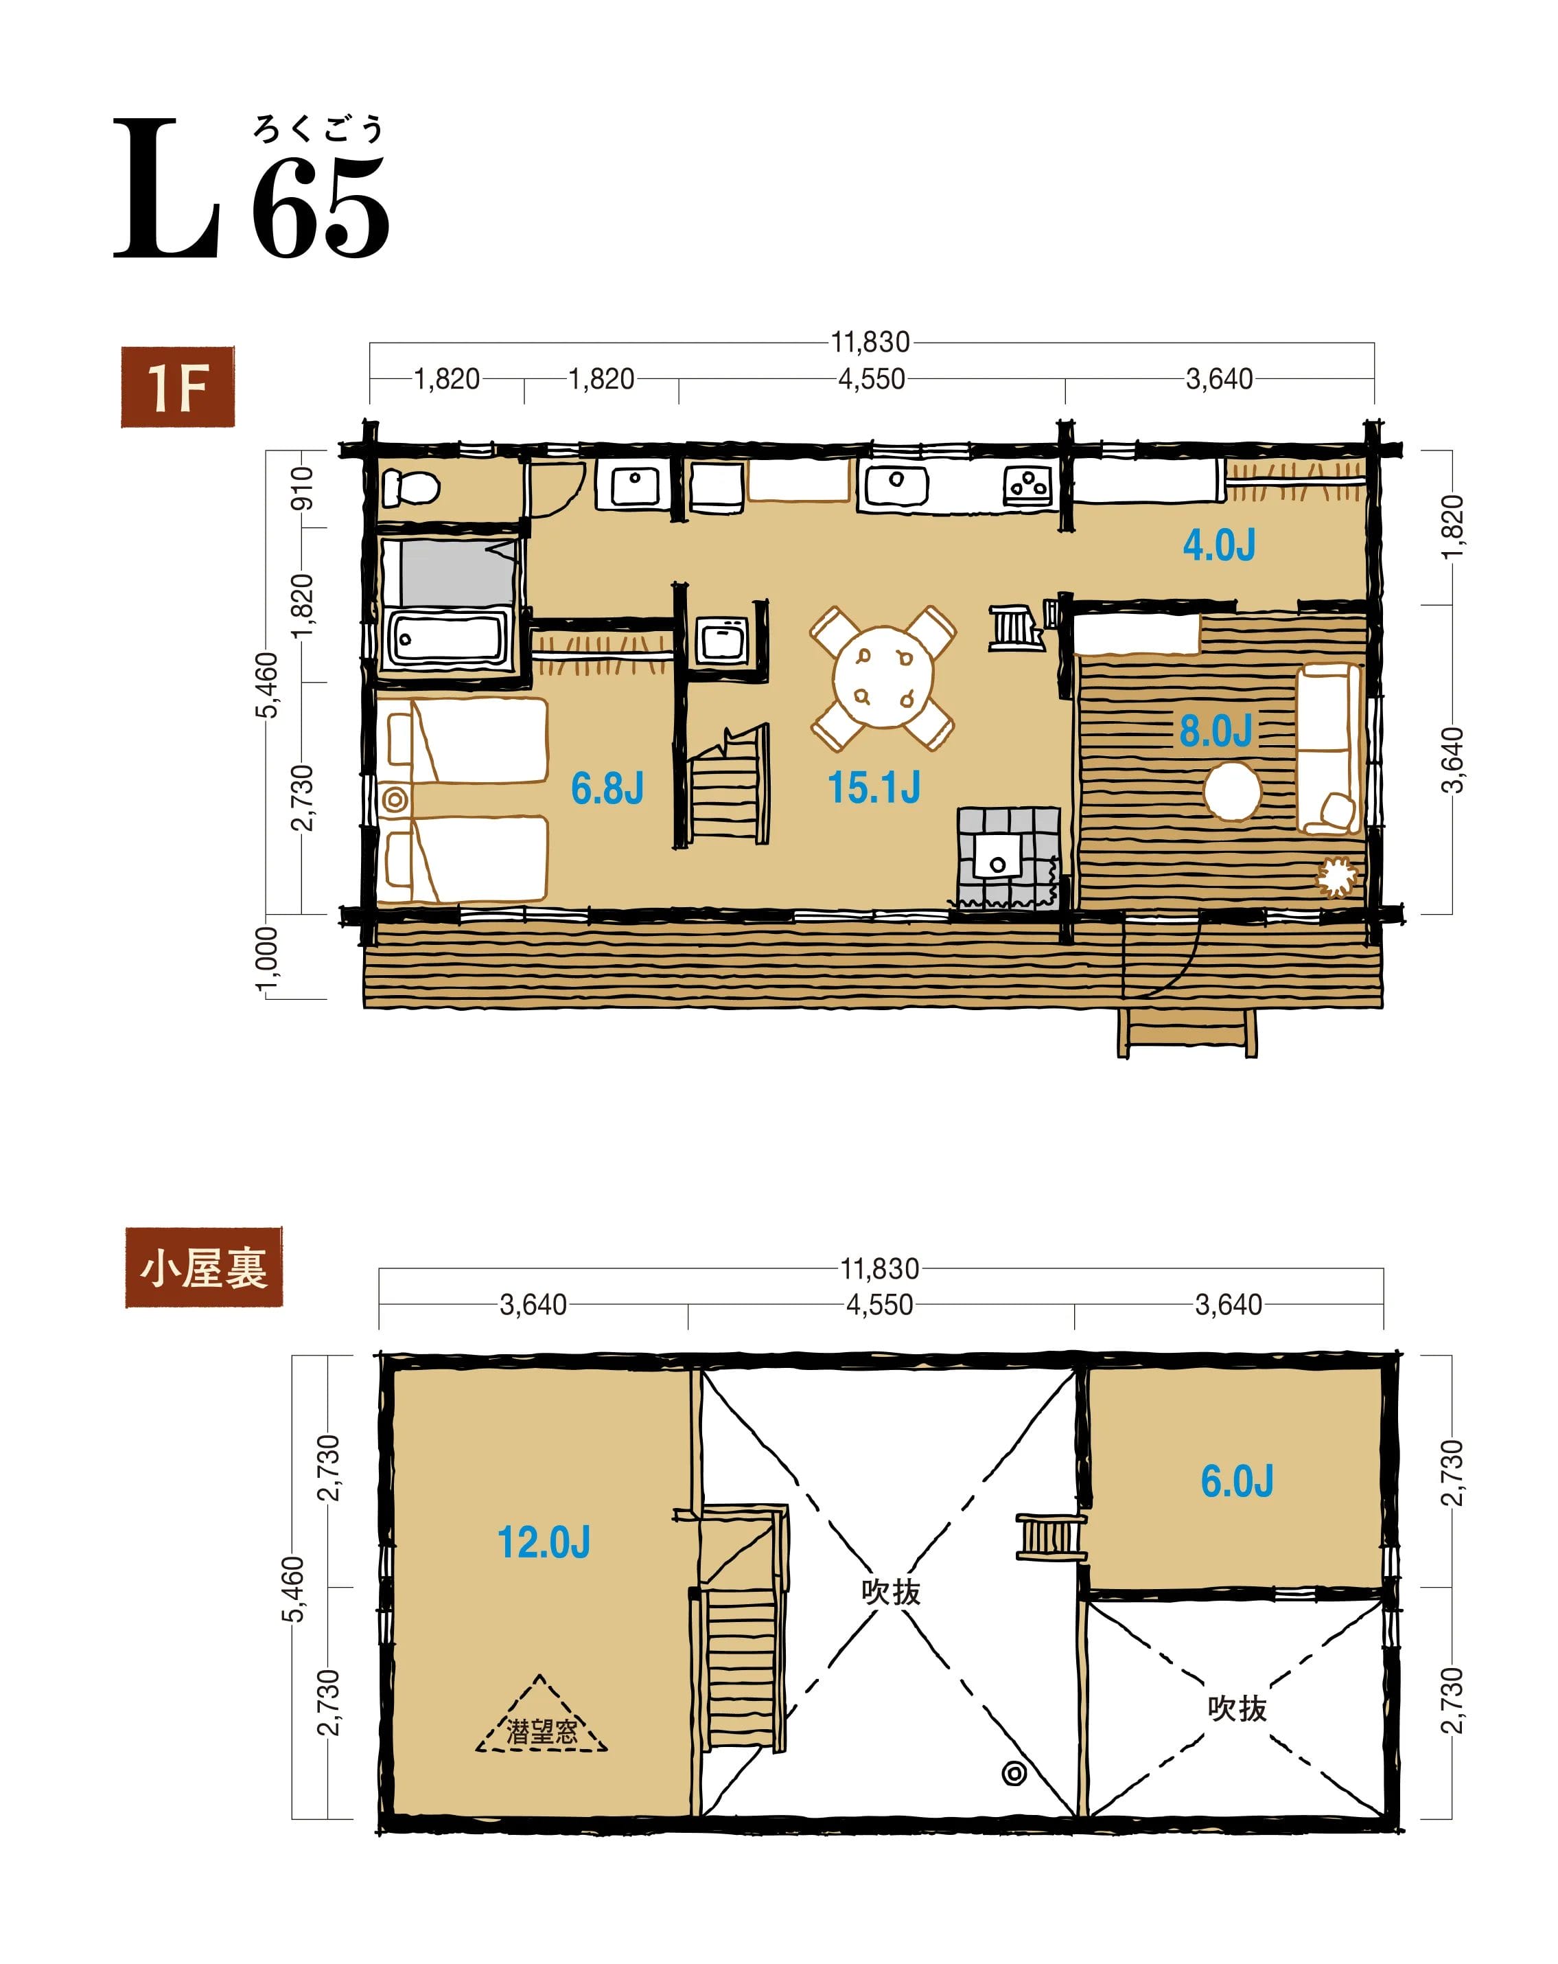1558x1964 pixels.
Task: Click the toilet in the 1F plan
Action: point(409,488)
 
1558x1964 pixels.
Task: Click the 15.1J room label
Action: point(873,787)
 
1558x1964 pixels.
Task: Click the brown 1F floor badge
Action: point(178,387)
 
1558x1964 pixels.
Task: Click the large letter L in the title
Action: point(167,189)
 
